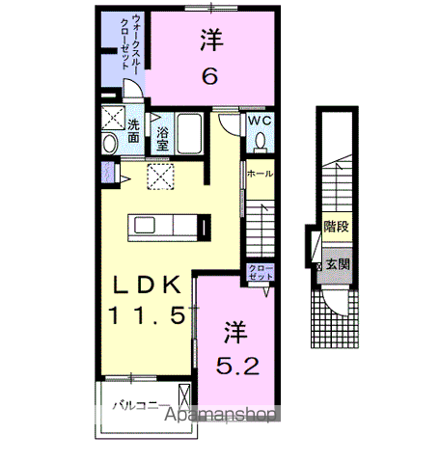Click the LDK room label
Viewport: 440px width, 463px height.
146,286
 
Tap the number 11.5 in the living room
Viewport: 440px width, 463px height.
146,315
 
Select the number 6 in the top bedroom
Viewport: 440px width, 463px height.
208,75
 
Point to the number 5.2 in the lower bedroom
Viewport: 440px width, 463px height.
237,368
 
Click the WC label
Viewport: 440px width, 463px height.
260,122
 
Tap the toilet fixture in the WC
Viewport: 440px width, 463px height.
260,143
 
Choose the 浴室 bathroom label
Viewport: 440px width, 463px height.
163,137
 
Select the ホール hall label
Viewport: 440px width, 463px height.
259,175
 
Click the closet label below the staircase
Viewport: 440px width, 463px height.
261,272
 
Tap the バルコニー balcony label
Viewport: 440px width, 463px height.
140,405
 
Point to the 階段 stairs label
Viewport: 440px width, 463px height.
336,227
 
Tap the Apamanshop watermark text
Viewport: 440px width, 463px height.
224,415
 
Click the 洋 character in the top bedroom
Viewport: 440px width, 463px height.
208,39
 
